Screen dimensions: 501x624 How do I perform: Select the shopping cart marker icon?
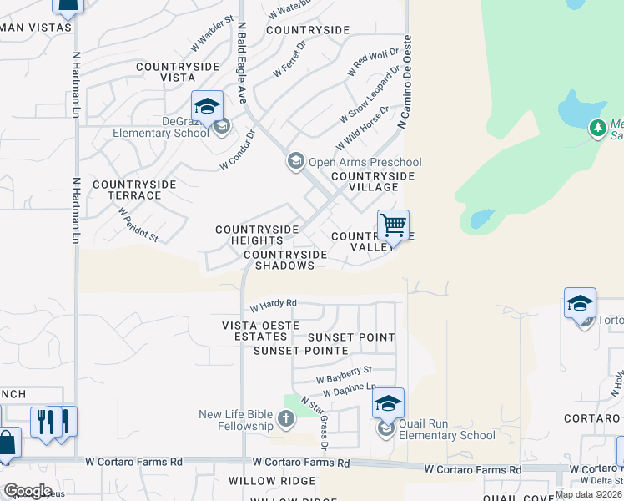(x=393, y=225)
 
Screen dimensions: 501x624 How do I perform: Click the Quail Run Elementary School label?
(x=446, y=429)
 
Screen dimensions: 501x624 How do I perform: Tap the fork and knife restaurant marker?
(x=53, y=421)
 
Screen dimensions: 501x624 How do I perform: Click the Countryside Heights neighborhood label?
(x=257, y=235)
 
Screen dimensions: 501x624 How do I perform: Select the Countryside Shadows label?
(x=279, y=260)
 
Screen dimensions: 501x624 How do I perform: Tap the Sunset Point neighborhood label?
(x=350, y=337)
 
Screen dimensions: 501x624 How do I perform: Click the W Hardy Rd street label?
(x=273, y=304)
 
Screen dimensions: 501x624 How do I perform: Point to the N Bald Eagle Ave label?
(x=242, y=63)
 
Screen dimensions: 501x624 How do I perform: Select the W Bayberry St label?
(x=344, y=374)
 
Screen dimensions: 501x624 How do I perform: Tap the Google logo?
(x=27, y=490)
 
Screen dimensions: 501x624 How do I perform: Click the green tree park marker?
(x=597, y=128)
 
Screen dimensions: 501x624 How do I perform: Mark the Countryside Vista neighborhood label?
(x=177, y=72)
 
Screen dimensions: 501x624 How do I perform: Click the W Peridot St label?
(x=138, y=225)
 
